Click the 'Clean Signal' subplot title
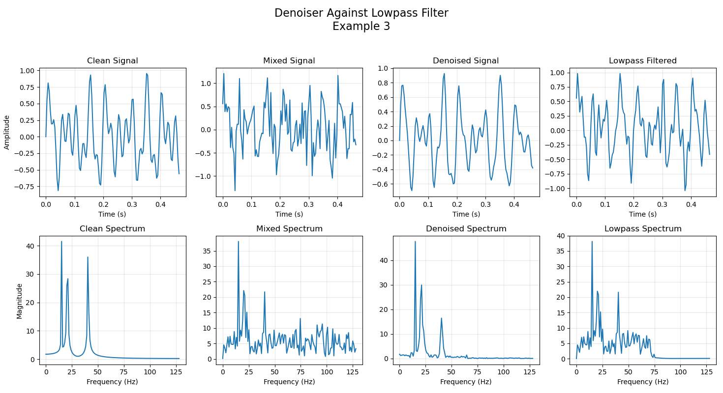point(112,61)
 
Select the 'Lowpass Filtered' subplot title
point(642,61)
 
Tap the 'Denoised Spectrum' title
point(466,229)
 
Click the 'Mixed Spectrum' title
point(289,229)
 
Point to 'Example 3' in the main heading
point(361,27)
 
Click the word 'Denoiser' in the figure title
point(298,13)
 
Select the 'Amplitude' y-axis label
point(7,132)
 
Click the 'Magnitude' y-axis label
point(20,301)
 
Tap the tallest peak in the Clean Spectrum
point(61,241)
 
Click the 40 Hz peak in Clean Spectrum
point(88,257)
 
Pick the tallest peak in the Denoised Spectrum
point(415,241)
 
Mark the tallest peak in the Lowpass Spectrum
point(592,241)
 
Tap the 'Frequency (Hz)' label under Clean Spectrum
point(112,382)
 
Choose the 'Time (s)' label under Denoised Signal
point(466,214)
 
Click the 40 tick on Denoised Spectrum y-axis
point(387,260)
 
